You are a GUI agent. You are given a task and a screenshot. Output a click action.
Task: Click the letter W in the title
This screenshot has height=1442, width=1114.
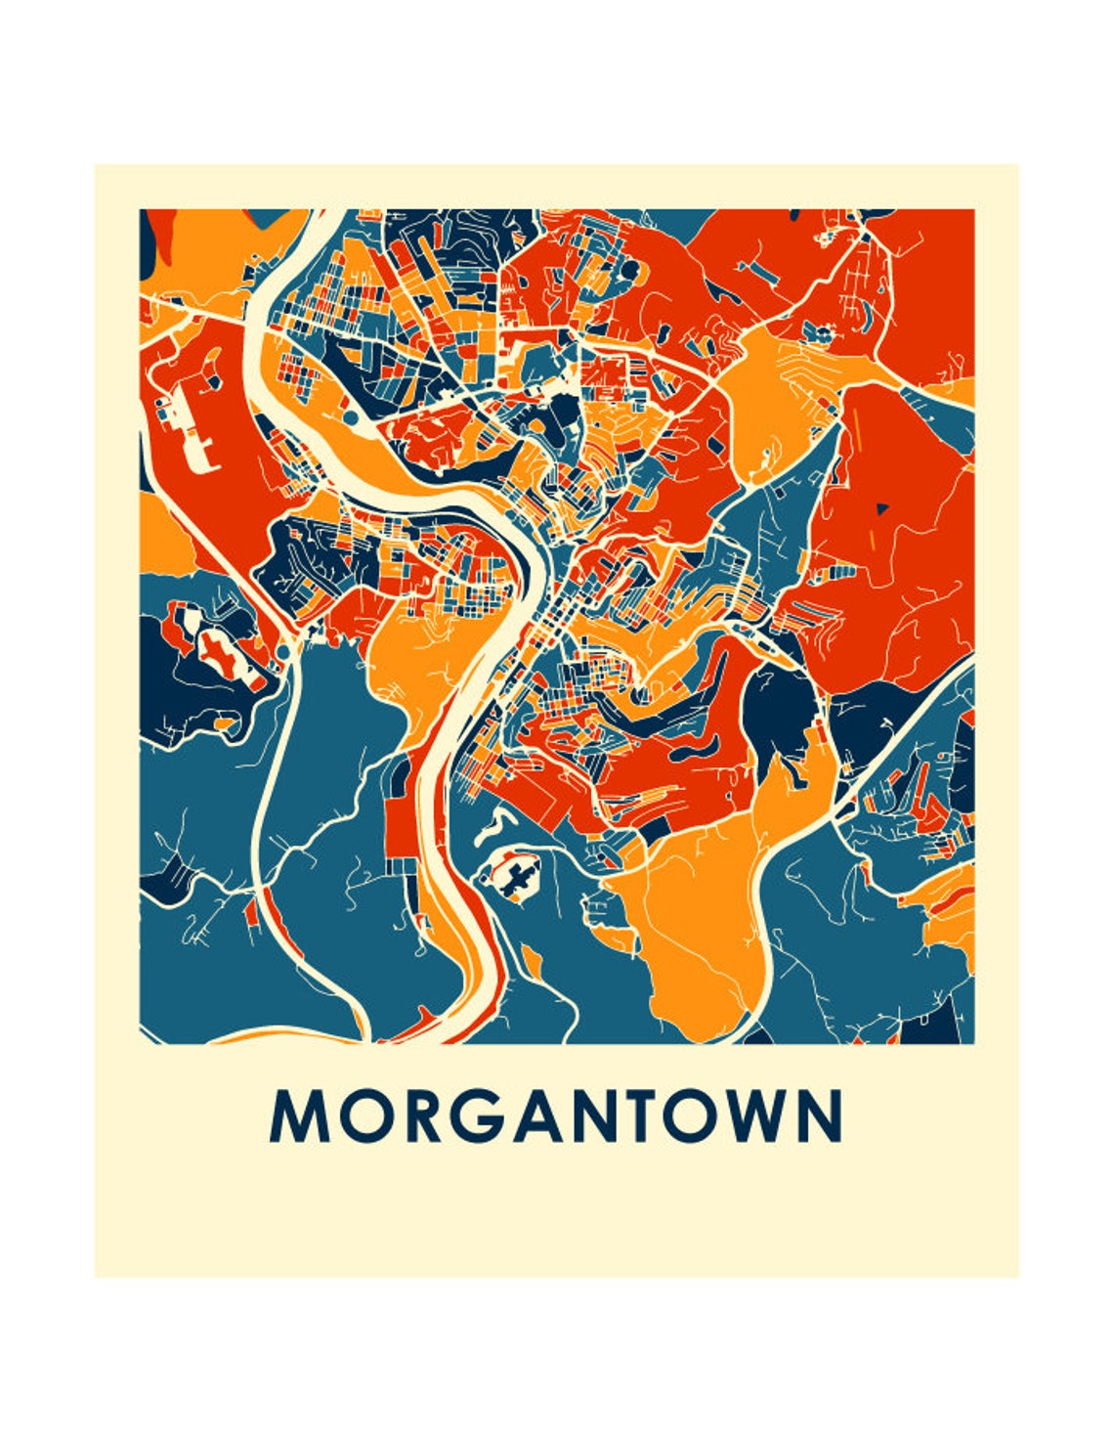coord(761,1115)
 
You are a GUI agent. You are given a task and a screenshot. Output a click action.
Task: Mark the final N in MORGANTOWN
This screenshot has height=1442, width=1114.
coord(821,1115)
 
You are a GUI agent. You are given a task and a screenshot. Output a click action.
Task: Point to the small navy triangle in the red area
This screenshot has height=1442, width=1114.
coord(882,507)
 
